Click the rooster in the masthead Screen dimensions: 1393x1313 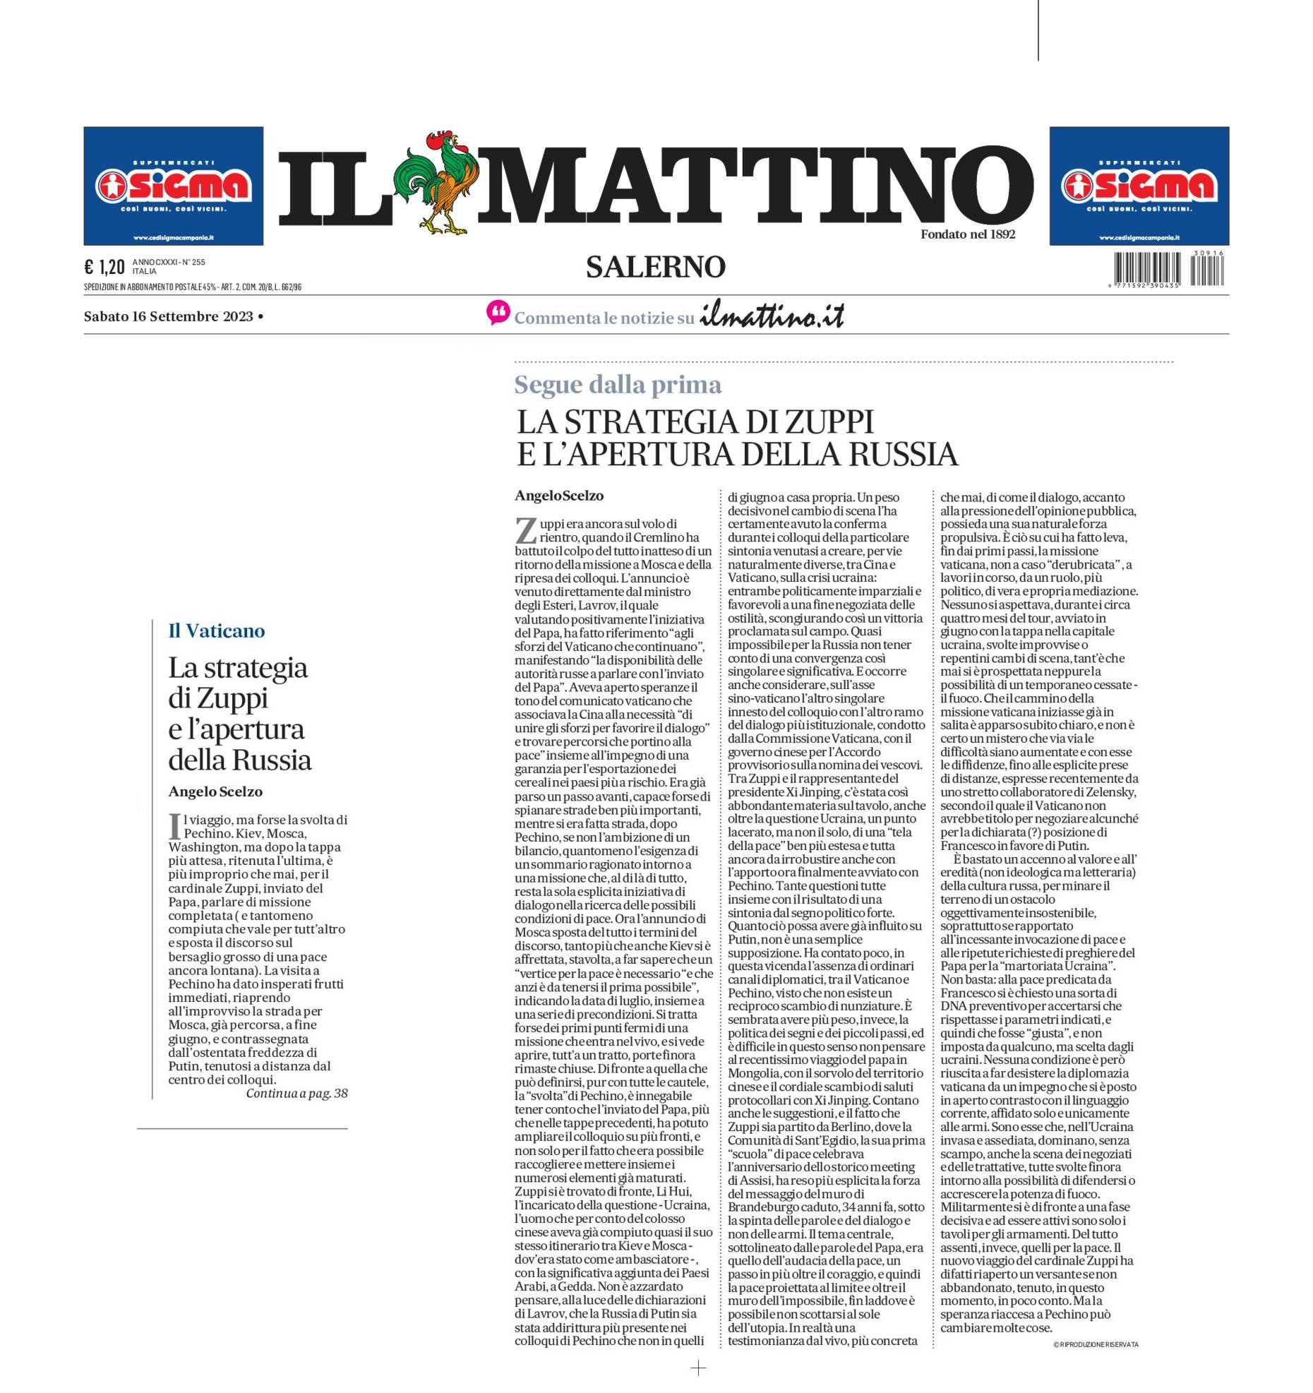point(439,183)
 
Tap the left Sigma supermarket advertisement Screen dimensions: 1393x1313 point(173,186)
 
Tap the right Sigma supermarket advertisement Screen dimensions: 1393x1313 point(1139,186)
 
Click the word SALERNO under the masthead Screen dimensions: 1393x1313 point(655,267)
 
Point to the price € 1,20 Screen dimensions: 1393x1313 point(104,267)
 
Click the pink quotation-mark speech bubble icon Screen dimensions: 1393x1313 point(498,313)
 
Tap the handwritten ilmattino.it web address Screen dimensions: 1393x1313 point(772,317)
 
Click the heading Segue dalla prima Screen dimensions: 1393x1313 point(618,385)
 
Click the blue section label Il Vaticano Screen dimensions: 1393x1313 point(216,630)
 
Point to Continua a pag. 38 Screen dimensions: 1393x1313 point(296,1093)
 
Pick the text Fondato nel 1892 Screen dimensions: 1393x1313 point(967,234)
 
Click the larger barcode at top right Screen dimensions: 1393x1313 point(1147,268)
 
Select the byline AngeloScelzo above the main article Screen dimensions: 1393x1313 point(558,496)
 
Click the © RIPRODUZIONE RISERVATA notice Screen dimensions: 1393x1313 point(1095,1344)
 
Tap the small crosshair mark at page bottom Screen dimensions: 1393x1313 point(697,1368)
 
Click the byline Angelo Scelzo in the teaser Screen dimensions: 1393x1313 point(215,791)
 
